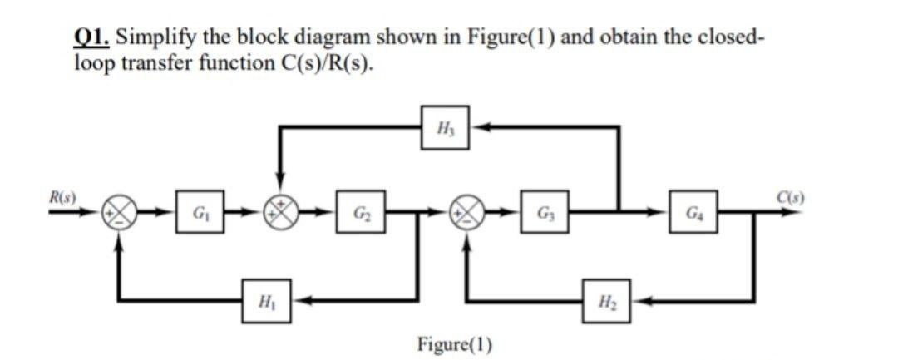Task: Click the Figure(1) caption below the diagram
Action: click(x=454, y=343)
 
